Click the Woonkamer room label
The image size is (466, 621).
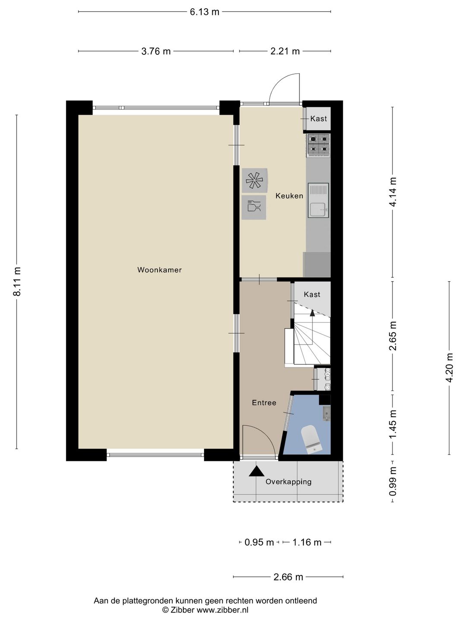pyautogui.click(x=159, y=270)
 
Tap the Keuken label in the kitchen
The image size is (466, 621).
pyautogui.click(x=289, y=196)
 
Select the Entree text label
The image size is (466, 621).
pyautogui.click(x=264, y=403)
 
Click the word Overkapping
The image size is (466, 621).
pyautogui.click(x=288, y=482)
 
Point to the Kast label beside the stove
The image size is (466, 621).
pyautogui.click(x=318, y=119)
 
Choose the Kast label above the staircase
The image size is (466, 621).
pyautogui.click(x=312, y=295)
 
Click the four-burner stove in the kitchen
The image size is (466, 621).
pyautogui.click(x=318, y=144)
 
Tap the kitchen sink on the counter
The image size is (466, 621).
pyautogui.click(x=318, y=201)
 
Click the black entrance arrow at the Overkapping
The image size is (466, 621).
pyautogui.click(x=256, y=471)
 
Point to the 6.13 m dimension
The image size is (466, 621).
pyautogui.click(x=205, y=12)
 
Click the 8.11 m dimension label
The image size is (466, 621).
pyautogui.click(x=17, y=282)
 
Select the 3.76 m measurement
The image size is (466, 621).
pyautogui.click(x=156, y=51)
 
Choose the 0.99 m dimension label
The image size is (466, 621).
pyautogui.click(x=393, y=481)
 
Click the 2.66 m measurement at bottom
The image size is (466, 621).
pyautogui.click(x=288, y=577)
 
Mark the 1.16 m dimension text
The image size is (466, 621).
pyautogui.click(x=307, y=543)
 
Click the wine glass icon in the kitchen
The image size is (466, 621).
pyautogui.click(x=254, y=207)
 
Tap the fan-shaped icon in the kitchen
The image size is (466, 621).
pyautogui.click(x=254, y=180)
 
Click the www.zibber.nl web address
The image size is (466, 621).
pyautogui.click(x=222, y=610)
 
